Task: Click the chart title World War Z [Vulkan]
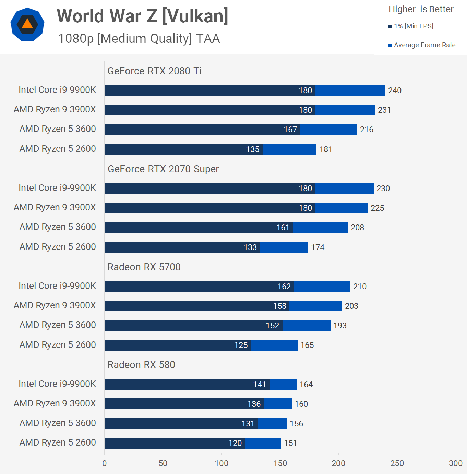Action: coord(142,16)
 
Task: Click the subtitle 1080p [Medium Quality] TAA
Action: coord(139,39)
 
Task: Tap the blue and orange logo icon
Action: coord(27,24)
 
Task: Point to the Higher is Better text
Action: coord(421,9)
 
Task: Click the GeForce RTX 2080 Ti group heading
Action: coord(154,71)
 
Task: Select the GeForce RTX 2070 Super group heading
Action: coord(163,169)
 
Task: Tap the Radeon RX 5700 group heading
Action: coord(144,267)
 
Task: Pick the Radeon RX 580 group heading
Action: coord(141,365)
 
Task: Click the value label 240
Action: coord(395,90)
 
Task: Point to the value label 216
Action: coord(367,130)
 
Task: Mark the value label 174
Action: coord(318,247)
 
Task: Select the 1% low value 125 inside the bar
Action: coord(241,345)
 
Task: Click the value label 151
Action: coord(290,443)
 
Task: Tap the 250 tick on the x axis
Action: coord(397,463)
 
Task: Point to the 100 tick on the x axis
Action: coord(221,463)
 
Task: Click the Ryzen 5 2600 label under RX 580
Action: coord(58,443)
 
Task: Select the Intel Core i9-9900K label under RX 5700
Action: coord(57,286)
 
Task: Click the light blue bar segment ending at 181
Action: coord(289,149)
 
